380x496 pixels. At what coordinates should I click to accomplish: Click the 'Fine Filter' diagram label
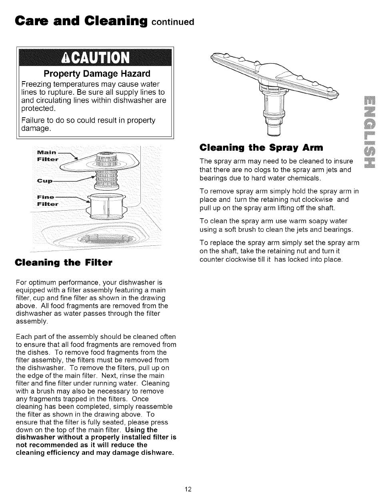point(47,201)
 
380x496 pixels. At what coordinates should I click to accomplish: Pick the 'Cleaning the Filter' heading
point(64,263)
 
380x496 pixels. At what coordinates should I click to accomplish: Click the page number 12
point(189,489)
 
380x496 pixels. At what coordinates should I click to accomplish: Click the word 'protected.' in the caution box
point(38,109)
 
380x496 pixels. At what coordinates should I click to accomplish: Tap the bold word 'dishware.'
point(158,452)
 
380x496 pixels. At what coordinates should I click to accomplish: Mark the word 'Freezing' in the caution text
point(36,84)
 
